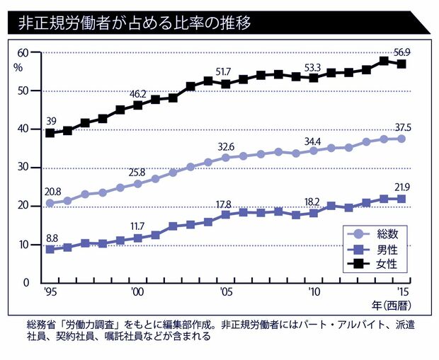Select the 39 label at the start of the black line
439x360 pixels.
pyautogui.click(x=50, y=121)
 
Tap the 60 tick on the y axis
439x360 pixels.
pyautogui.click(x=23, y=53)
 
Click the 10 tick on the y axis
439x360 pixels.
pyautogui.click(x=23, y=245)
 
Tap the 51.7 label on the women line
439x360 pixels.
pyautogui.click(x=224, y=71)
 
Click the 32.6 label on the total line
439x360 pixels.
pyautogui.click(x=226, y=146)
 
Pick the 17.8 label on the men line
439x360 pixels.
pyautogui.click(x=224, y=204)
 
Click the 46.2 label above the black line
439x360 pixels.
pyautogui.click(x=137, y=93)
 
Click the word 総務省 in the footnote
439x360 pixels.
pyautogui.click(x=38, y=325)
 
